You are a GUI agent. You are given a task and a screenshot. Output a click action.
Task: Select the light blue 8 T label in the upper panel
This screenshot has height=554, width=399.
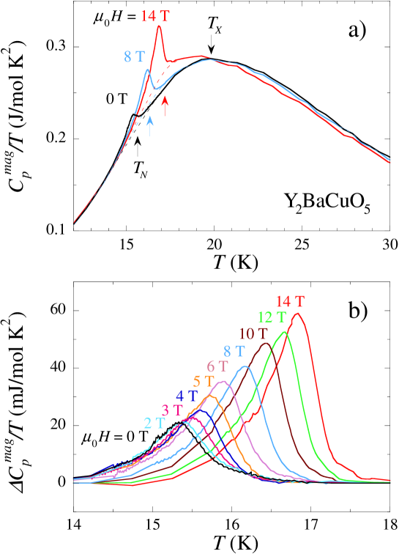pyautogui.click(x=135, y=56)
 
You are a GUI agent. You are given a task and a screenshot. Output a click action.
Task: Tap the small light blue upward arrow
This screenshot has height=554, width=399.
pyautogui.click(x=150, y=126)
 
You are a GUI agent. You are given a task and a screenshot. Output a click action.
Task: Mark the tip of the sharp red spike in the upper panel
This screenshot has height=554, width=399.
pyautogui.click(x=160, y=26)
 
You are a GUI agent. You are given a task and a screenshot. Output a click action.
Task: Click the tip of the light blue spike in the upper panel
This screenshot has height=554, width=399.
pyautogui.click(x=148, y=70)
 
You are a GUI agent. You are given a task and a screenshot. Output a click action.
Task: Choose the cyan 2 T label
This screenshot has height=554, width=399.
pyautogui.click(x=154, y=423)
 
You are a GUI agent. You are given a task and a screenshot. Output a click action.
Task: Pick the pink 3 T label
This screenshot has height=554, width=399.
pyautogui.click(x=172, y=410)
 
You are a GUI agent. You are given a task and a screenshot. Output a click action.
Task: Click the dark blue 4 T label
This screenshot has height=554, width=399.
pyautogui.click(x=186, y=396)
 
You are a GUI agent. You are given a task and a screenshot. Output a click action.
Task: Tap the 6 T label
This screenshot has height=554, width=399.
pyautogui.click(x=217, y=366)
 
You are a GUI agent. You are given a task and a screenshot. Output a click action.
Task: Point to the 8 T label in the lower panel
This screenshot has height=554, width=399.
pyautogui.click(x=234, y=351)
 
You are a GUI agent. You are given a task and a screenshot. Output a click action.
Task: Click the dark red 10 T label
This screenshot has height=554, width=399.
pyautogui.click(x=253, y=334)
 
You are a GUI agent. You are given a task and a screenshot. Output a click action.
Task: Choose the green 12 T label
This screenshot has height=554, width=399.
pyautogui.click(x=271, y=317)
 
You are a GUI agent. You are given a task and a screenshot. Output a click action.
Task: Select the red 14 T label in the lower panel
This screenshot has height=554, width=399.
pyautogui.click(x=291, y=301)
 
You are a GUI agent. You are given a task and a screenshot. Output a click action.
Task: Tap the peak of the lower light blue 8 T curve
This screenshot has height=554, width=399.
pyautogui.click(x=245, y=366)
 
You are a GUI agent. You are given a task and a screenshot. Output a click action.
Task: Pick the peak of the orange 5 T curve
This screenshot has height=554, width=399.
pyautogui.click(x=212, y=395)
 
